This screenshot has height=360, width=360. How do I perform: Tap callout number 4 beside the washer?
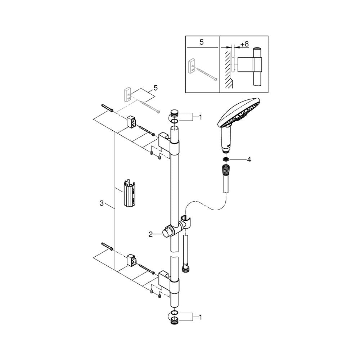click(x=249, y=159)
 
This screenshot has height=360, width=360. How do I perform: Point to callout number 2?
click(x=150, y=234)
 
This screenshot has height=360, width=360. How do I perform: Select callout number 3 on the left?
click(x=102, y=203)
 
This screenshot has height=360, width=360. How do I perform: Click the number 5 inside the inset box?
click(x=202, y=42)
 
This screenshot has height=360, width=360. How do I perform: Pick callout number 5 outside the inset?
click(x=156, y=88)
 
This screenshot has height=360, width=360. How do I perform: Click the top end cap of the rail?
click(x=174, y=113)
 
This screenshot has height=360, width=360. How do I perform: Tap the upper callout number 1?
click(x=200, y=117)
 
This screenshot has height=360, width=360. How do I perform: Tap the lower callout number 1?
click(x=200, y=318)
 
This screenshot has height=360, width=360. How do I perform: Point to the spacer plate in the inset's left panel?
click(x=192, y=66)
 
